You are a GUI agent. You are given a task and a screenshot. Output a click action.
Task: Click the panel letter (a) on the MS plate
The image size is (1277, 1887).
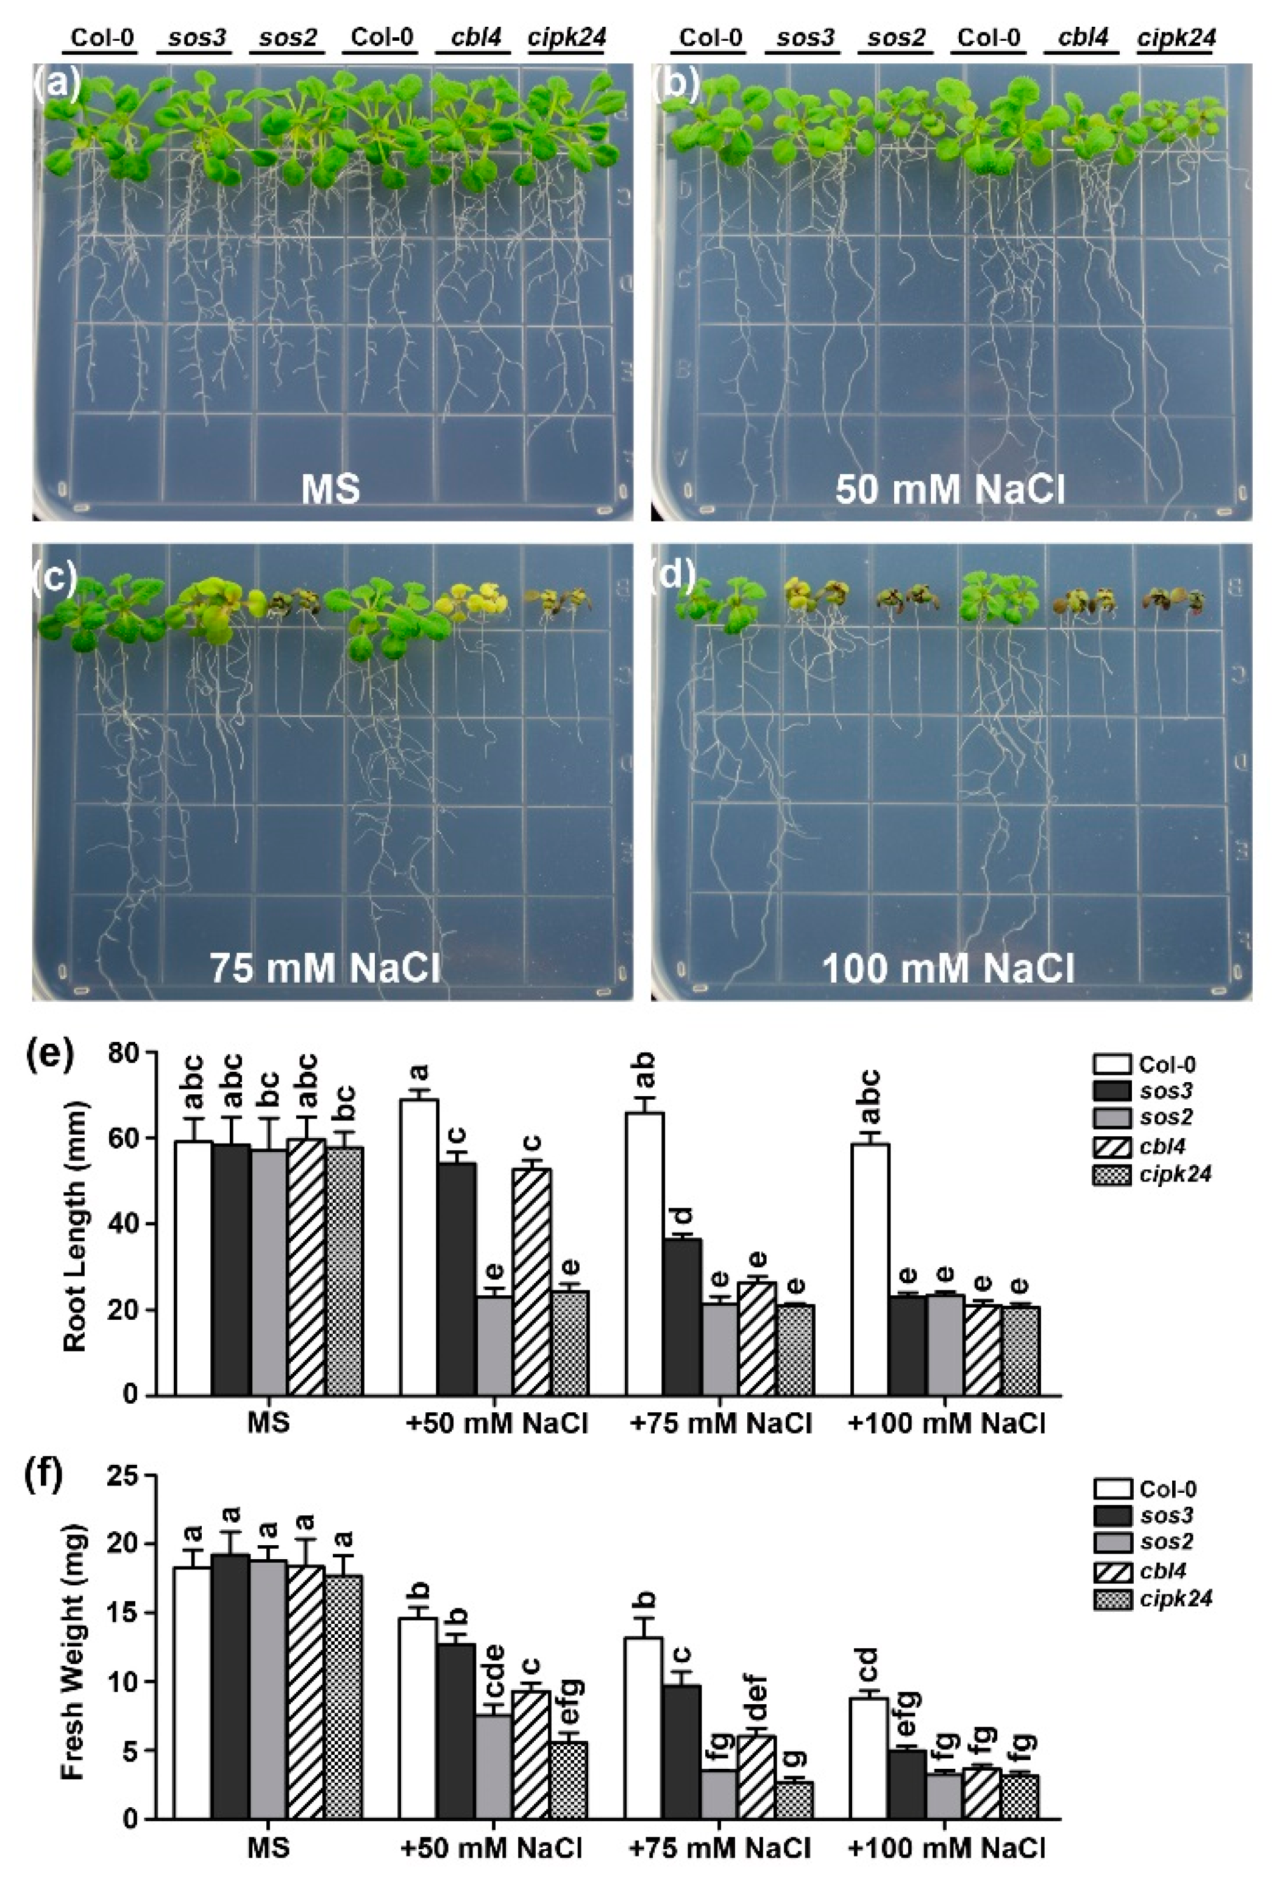tap(56, 83)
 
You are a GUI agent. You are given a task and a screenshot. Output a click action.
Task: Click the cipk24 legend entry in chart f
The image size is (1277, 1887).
tap(1153, 1598)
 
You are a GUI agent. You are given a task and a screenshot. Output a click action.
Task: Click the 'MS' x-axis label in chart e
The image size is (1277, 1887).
tap(269, 1423)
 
